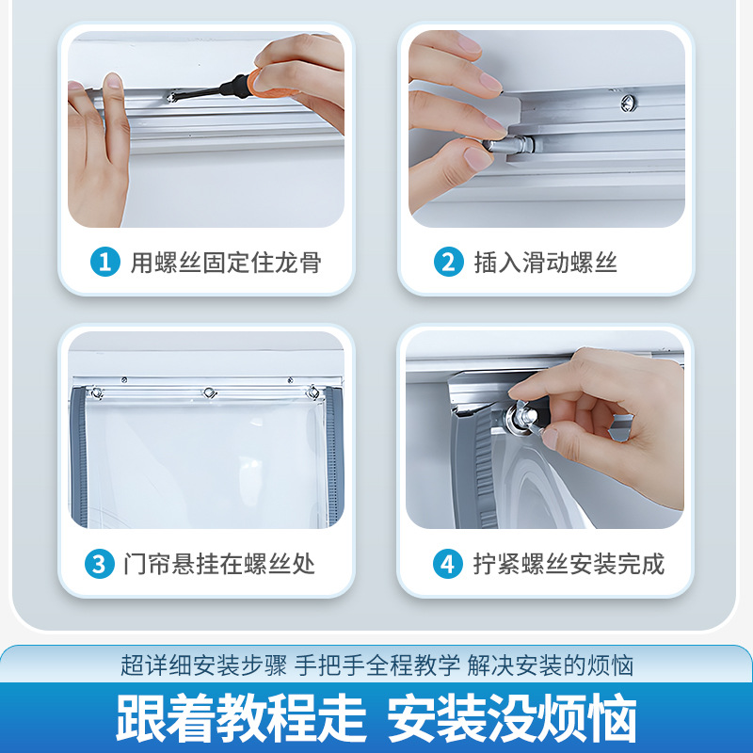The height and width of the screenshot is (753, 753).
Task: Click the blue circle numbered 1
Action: [x=104, y=263]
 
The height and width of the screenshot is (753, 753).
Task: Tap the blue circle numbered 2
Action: [x=449, y=263]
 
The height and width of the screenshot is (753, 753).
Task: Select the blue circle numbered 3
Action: [x=98, y=565]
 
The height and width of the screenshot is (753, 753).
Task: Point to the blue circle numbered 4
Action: [x=447, y=565]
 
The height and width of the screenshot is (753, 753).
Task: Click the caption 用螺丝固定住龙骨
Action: [x=225, y=263]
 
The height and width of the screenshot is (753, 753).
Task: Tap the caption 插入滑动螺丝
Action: [x=545, y=263]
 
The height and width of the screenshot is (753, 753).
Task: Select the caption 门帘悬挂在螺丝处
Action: [x=218, y=565]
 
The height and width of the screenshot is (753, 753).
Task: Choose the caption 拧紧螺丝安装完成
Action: [x=569, y=565]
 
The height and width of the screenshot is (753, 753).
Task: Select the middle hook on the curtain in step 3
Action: [x=207, y=392]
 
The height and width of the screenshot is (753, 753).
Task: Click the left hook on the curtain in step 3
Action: [x=95, y=392]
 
